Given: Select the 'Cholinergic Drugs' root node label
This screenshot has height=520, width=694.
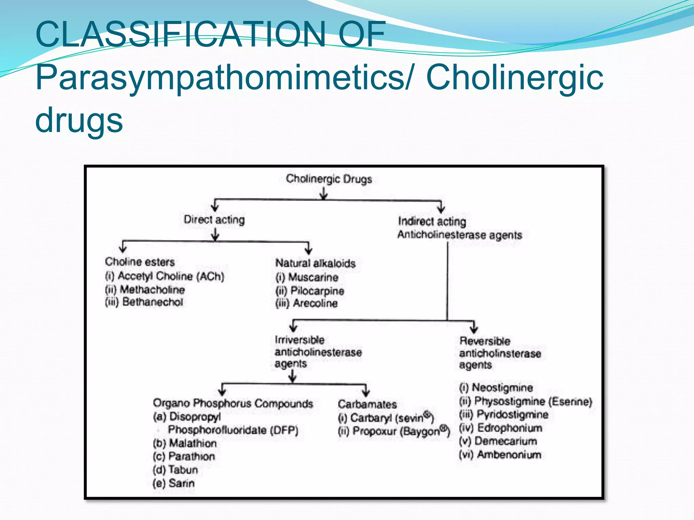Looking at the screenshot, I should click(x=329, y=179).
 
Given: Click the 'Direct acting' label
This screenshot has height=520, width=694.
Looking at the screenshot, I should click(x=214, y=220).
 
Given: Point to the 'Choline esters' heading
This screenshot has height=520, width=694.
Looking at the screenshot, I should click(x=140, y=262).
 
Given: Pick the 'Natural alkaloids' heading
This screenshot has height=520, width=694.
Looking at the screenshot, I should click(x=315, y=263).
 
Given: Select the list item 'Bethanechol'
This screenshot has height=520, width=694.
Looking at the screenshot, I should click(x=152, y=302).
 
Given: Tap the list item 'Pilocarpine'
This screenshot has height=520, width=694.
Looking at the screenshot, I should click(x=317, y=291).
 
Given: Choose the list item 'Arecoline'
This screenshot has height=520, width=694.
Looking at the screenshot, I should click(x=315, y=303).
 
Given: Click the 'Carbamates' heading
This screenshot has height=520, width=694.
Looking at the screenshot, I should click(x=367, y=404).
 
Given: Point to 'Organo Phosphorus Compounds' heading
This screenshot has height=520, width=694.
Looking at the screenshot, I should click(x=233, y=403).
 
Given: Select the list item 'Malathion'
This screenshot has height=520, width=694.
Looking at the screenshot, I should click(x=192, y=443).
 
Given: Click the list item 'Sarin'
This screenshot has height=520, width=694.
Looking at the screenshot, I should click(x=181, y=483).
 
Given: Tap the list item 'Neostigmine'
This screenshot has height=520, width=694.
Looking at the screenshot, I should click(x=502, y=388).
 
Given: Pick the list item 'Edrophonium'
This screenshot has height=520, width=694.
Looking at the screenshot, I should click(x=509, y=428).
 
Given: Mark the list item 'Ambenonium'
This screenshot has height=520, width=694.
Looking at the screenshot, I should click(x=509, y=455).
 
